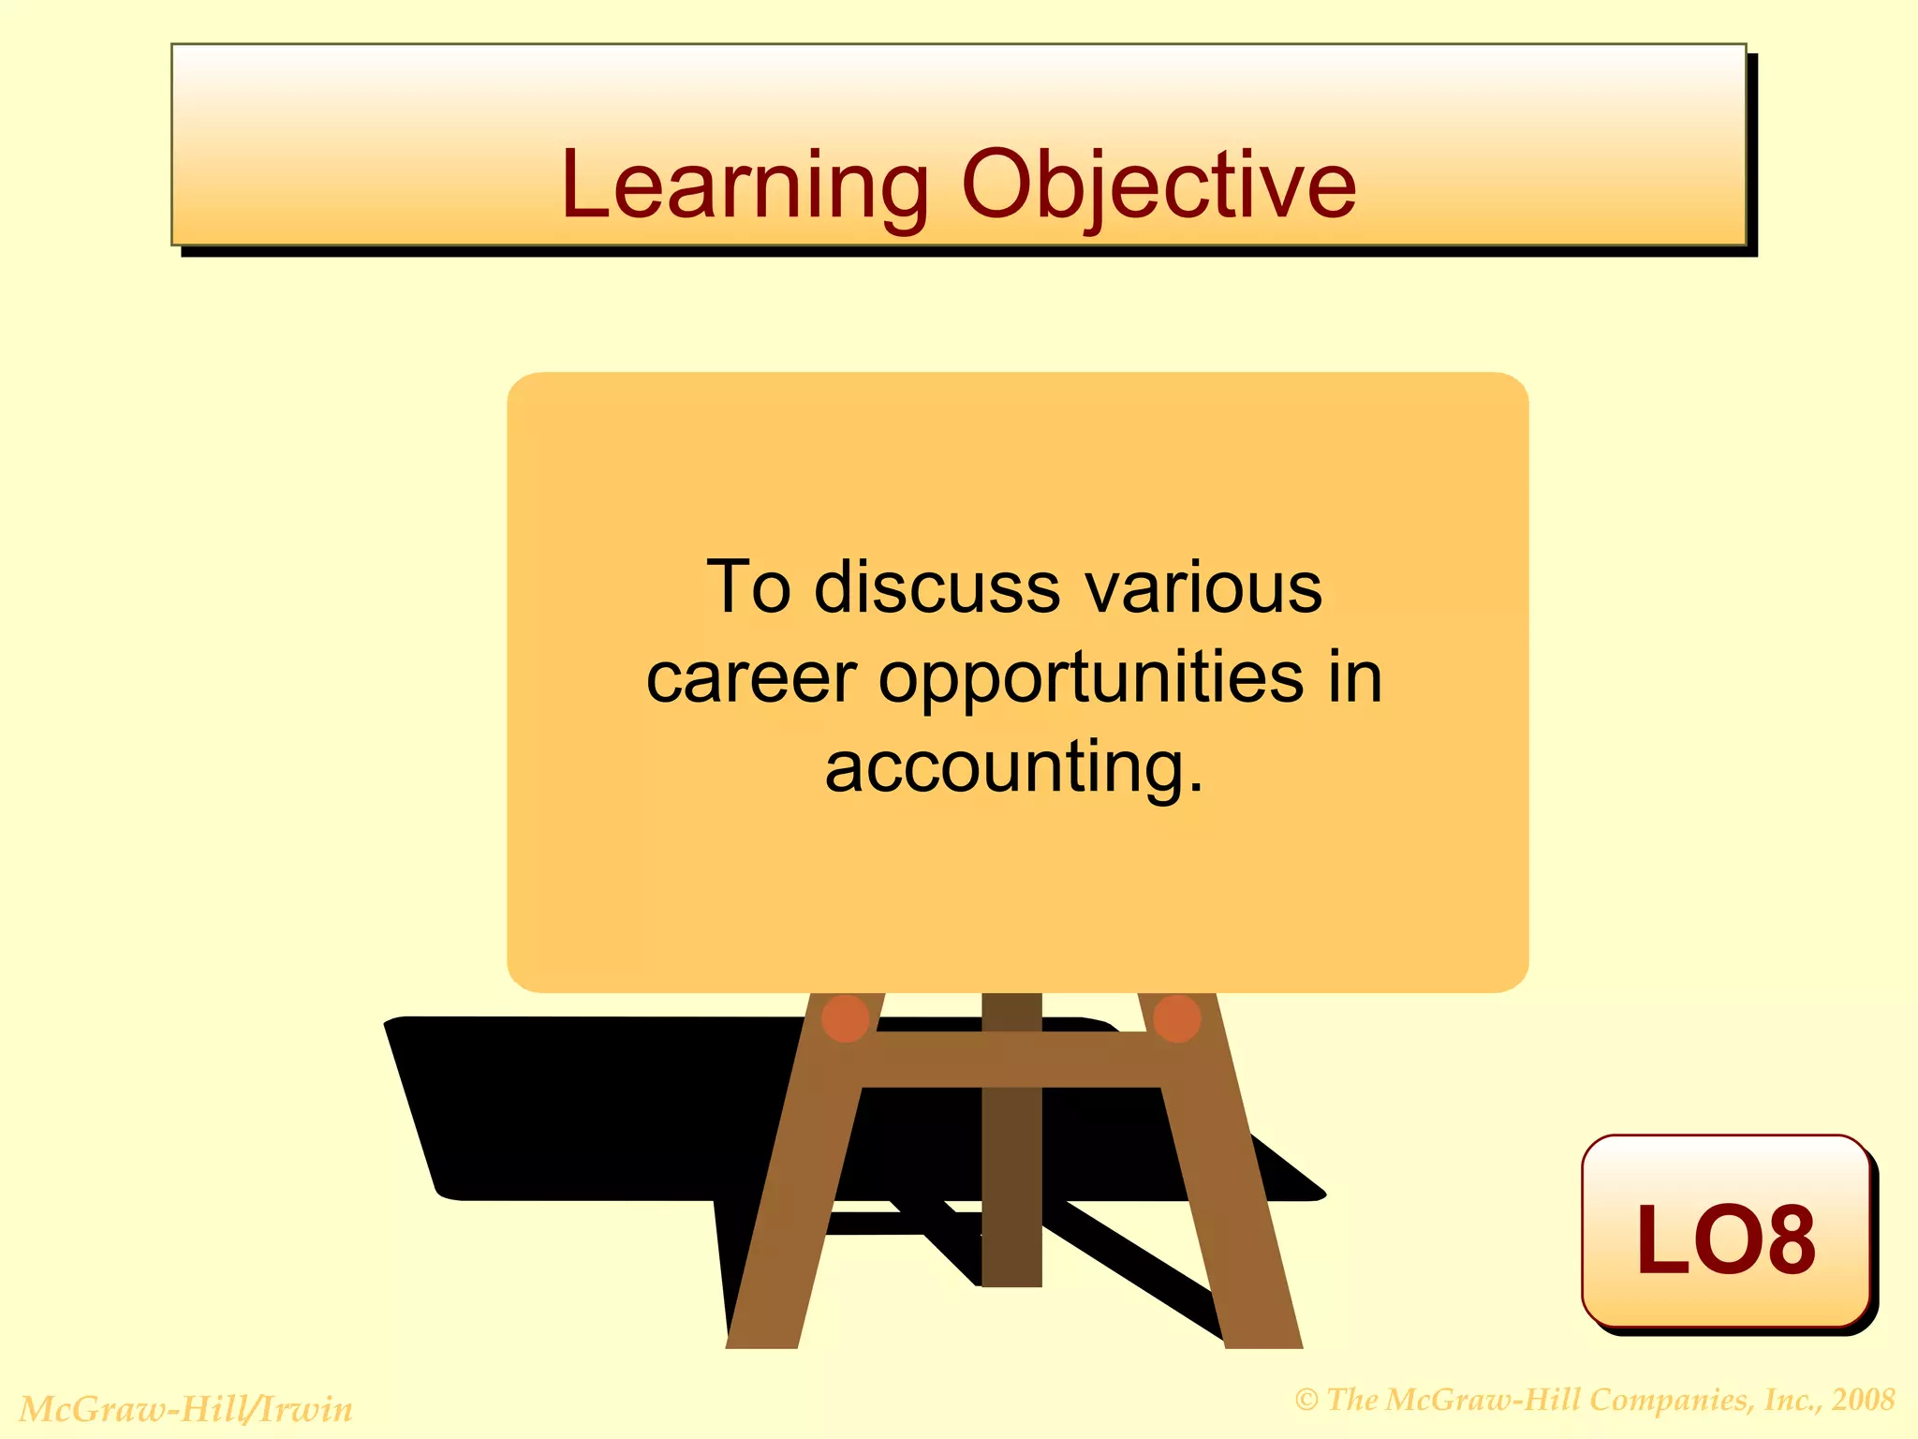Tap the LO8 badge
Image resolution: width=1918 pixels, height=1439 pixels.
point(1725,1235)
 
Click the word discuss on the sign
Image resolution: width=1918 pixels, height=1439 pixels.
point(937,588)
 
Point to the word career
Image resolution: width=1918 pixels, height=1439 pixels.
point(751,678)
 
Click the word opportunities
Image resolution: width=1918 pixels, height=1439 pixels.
point(1090,678)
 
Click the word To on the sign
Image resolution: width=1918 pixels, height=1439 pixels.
point(748,588)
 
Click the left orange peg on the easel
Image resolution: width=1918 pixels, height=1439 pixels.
point(845,1018)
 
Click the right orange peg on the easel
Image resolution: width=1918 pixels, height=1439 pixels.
point(1177,1018)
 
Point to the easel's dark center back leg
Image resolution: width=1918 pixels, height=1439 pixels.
point(1011,1190)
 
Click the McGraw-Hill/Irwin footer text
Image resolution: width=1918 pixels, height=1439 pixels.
point(186,1409)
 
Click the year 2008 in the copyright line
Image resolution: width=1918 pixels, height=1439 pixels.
point(1863,1400)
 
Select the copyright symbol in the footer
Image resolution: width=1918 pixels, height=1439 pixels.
point(1306,1401)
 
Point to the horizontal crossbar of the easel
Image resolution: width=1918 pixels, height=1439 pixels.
point(1011,1060)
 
